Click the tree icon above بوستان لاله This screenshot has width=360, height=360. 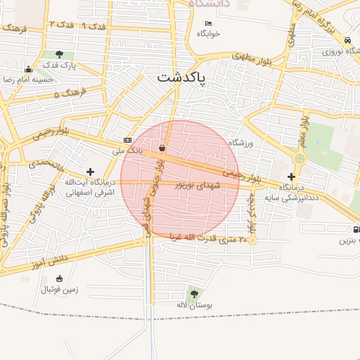(194, 293)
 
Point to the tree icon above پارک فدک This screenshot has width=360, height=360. (59, 54)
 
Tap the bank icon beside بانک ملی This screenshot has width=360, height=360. (127, 139)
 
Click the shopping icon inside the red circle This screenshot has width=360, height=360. (163, 148)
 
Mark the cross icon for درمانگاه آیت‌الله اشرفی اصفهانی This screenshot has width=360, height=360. (90, 171)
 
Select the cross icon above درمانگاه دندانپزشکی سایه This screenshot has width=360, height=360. (291, 176)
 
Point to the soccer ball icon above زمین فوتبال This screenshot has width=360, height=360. (48, 278)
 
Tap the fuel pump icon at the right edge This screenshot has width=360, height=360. (356, 229)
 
